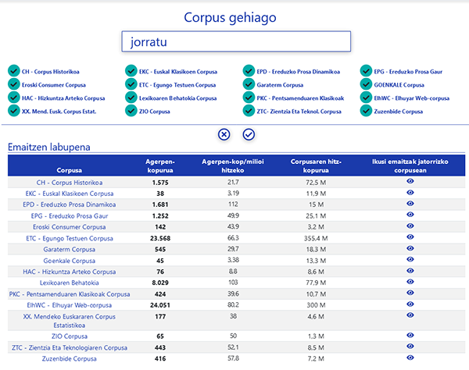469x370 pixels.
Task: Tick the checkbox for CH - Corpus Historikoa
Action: point(13,71)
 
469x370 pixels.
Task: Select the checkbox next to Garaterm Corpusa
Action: point(249,84)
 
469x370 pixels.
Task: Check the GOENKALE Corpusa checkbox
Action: point(367,84)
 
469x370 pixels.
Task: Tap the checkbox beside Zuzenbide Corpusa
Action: point(367,111)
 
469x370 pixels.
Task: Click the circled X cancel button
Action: point(224,134)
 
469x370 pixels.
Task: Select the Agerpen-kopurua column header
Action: point(159,165)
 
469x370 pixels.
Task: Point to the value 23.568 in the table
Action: point(159,237)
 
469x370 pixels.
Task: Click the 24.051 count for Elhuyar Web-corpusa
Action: point(159,305)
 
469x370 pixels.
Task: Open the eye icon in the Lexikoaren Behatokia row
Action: point(410,283)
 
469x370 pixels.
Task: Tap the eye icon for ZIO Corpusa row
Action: point(410,334)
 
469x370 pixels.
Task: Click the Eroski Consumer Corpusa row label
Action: point(69,226)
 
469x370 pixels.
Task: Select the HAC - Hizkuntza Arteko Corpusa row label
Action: point(69,272)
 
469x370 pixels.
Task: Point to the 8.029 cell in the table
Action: point(159,283)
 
